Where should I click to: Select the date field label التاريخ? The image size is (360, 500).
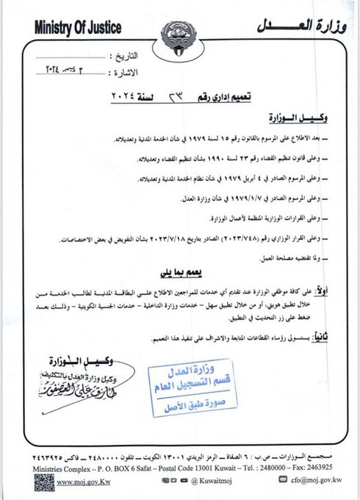coord(124,56)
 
